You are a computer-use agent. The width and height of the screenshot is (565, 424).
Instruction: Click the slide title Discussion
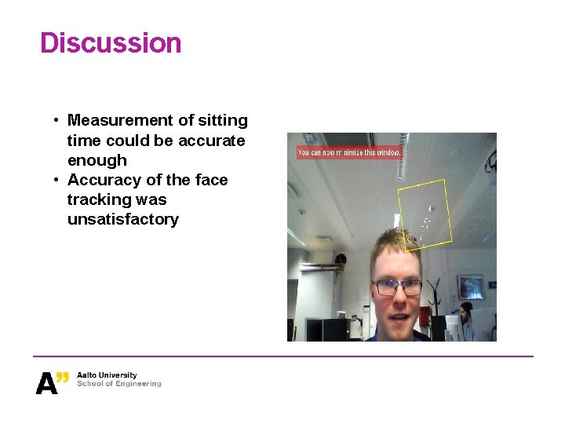pyautogui.click(x=111, y=42)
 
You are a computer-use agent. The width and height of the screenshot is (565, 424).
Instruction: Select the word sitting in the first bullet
pyautogui.click(x=223, y=120)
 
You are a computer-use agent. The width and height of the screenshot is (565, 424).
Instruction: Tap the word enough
pyautogui.click(x=97, y=160)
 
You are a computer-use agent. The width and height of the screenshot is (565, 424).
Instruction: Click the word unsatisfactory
pyautogui.click(x=122, y=219)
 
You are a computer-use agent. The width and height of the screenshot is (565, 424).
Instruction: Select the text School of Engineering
pyautogui.click(x=118, y=384)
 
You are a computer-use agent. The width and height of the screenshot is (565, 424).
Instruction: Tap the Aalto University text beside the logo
pyautogui.click(x=107, y=375)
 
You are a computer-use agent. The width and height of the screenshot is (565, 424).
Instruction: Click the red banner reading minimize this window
pyautogui.click(x=350, y=152)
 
